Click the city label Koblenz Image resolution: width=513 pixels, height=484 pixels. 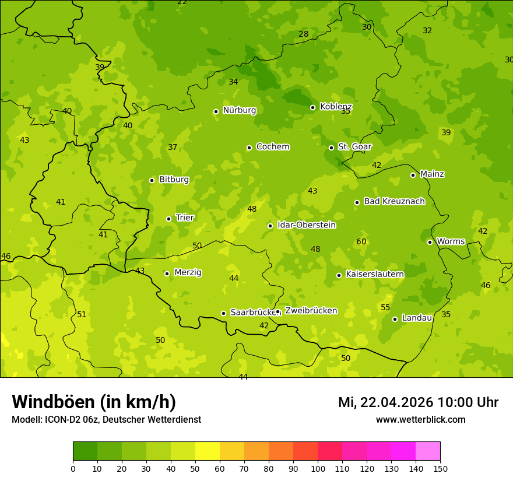336,107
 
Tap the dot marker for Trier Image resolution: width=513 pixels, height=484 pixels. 169,219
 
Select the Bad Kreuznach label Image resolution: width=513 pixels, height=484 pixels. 394,201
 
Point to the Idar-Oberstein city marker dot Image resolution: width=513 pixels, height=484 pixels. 270,226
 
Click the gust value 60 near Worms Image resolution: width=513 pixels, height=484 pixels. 361,241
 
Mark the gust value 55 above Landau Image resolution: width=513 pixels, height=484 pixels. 385,307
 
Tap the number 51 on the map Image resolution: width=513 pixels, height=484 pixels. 82,314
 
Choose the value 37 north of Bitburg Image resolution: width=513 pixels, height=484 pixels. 173,147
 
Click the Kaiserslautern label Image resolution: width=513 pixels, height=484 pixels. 375,274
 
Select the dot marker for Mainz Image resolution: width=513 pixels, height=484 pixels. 413,175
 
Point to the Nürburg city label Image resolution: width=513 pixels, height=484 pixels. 239,110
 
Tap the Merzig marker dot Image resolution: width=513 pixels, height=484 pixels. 167,273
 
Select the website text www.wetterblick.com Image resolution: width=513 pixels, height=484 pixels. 420,419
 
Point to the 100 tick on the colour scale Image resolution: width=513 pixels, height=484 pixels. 318,468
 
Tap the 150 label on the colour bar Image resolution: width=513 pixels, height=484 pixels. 440,468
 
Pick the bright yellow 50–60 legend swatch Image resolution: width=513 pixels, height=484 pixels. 208,451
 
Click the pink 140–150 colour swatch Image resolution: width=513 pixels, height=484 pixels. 428,451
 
